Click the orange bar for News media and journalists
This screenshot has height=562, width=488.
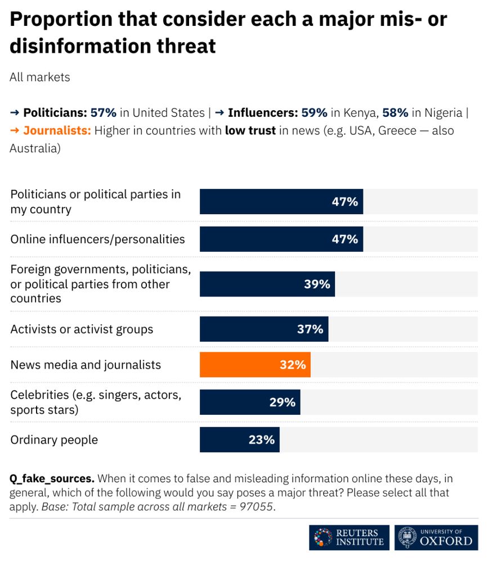pyautogui.click(x=255, y=365)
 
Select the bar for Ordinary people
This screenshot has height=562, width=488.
pyautogui.click(x=239, y=439)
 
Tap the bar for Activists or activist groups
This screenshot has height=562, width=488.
pyautogui.click(x=263, y=329)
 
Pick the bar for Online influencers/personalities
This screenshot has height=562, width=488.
pyautogui.click(x=281, y=239)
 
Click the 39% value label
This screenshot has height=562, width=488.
pyautogui.click(x=317, y=284)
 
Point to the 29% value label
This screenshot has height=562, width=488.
pyautogui.click(x=282, y=402)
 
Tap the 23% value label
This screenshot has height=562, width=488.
pyautogui.click(x=261, y=439)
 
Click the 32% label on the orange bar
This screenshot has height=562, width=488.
pyautogui.click(x=293, y=365)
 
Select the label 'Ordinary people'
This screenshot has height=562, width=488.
pyautogui.click(x=54, y=439)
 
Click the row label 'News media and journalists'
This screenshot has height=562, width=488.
pyautogui.click(x=86, y=365)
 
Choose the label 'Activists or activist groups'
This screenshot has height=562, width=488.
pyautogui.click(x=82, y=329)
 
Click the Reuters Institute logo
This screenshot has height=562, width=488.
pyautogui.click(x=349, y=537)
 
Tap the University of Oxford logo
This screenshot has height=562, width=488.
pyautogui.click(x=436, y=537)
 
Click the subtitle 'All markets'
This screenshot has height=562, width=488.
pyautogui.click(x=39, y=77)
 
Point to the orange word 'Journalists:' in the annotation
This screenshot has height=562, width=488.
pyautogui.click(x=57, y=130)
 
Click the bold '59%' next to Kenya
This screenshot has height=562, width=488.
pyautogui.click(x=314, y=112)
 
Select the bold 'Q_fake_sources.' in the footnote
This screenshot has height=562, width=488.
pyautogui.click(x=52, y=479)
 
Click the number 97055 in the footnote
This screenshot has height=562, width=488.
pyautogui.click(x=256, y=507)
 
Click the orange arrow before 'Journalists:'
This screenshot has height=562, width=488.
pyautogui.click(x=15, y=130)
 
